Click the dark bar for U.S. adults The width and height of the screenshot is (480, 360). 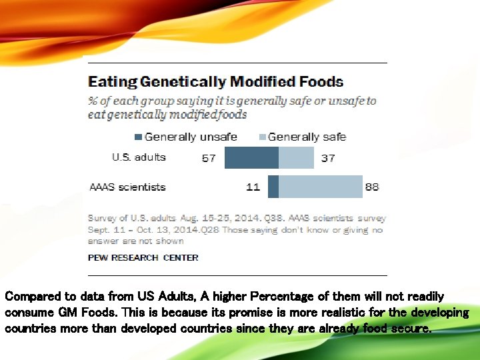click(x=251, y=158)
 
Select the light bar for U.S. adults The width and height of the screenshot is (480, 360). click(x=296, y=158)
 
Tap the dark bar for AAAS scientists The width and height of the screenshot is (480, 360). click(x=273, y=187)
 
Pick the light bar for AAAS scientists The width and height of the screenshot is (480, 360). click(x=320, y=187)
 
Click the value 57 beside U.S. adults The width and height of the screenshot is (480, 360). click(x=209, y=159)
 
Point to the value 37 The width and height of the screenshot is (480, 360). click(x=327, y=159)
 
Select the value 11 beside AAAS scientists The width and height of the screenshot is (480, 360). click(x=253, y=187)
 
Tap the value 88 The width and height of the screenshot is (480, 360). click(x=372, y=187)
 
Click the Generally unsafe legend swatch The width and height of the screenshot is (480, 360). click(x=138, y=137)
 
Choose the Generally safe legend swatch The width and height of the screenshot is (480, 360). click(x=262, y=137)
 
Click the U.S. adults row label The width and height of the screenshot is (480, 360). click(x=139, y=157)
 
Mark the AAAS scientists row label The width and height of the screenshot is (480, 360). click(x=127, y=187)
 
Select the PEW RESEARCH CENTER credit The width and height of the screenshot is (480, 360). click(x=143, y=257)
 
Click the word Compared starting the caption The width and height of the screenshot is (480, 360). click(x=31, y=296)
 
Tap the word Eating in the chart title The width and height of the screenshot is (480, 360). click(x=113, y=83)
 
